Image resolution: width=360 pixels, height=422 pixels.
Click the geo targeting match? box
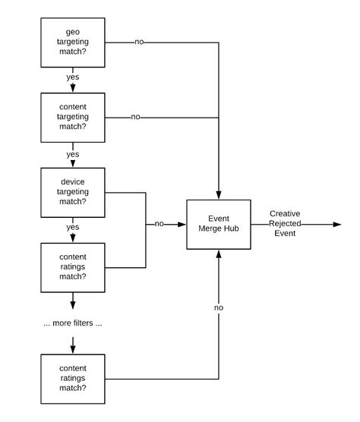pos(73,43)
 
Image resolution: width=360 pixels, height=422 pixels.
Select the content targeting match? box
pos(73,118)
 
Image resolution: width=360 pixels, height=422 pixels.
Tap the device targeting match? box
pos(73,192)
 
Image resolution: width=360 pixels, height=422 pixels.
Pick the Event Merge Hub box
pos(219,225)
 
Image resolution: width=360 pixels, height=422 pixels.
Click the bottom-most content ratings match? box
pos(73,377)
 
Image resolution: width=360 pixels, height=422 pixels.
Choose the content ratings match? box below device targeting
pos(73,266)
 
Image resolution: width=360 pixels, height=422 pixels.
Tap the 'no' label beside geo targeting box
pos(139,43)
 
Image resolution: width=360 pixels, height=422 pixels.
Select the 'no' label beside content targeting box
pos(135,117)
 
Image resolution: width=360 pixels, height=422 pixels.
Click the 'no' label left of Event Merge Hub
pos(159,225)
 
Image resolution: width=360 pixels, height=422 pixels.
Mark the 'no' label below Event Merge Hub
pos(219,308)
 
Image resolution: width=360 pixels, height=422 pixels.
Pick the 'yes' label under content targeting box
pos(73,154)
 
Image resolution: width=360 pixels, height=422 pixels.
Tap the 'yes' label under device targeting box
pos(73,228)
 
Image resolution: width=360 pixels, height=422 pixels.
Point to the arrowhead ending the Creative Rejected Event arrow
pos(336,225)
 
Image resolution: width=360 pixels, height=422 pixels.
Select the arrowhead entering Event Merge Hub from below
pos(219,254)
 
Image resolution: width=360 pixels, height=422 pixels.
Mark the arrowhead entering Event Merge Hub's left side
pos(183,225)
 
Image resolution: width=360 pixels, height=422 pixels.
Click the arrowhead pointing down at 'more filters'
pos(73,305)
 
